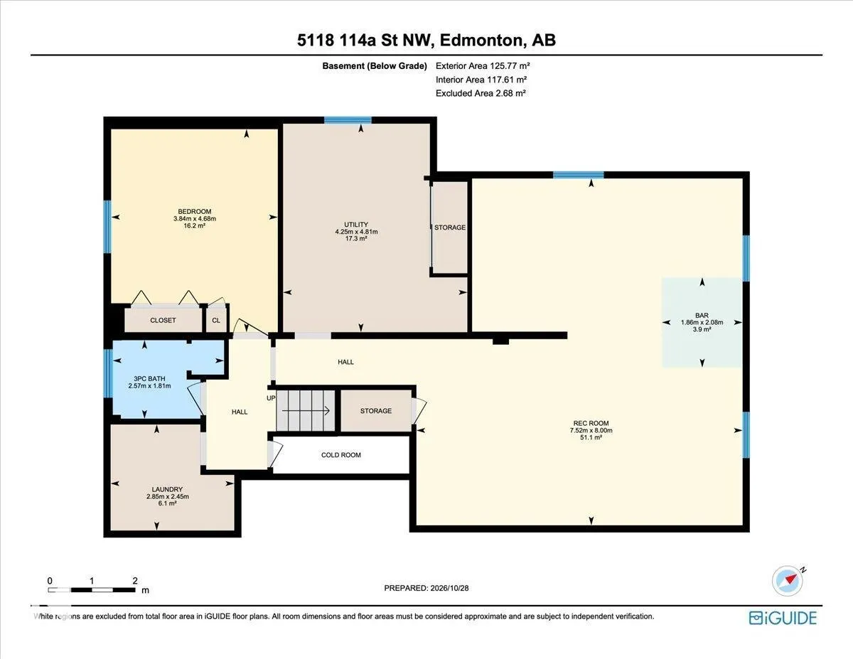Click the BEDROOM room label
194,212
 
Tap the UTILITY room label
356,225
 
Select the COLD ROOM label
340,455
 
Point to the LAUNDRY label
167,489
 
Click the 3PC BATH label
149,379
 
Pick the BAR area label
702,315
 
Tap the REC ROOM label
591,423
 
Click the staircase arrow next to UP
306,411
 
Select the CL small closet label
216,321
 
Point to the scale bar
92,590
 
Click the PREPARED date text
426,588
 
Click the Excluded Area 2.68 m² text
481,93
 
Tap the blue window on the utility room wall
348,120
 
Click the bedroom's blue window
107,227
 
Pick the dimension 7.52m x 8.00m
591,430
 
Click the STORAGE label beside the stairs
376,411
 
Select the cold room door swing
276,454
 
